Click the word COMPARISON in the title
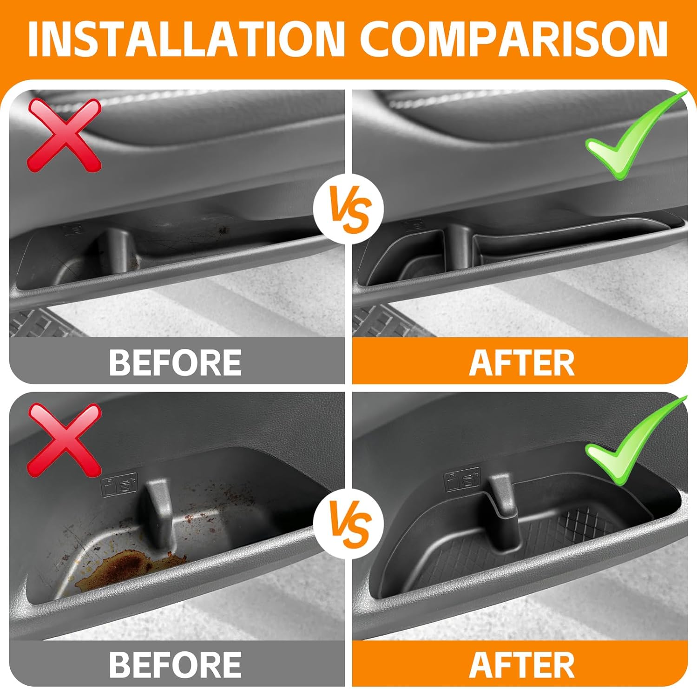514,39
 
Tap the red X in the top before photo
64,135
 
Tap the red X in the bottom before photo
64,440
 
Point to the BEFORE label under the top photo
175,362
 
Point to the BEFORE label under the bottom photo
175,664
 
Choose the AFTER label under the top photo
522,362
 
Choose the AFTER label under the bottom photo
522,664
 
